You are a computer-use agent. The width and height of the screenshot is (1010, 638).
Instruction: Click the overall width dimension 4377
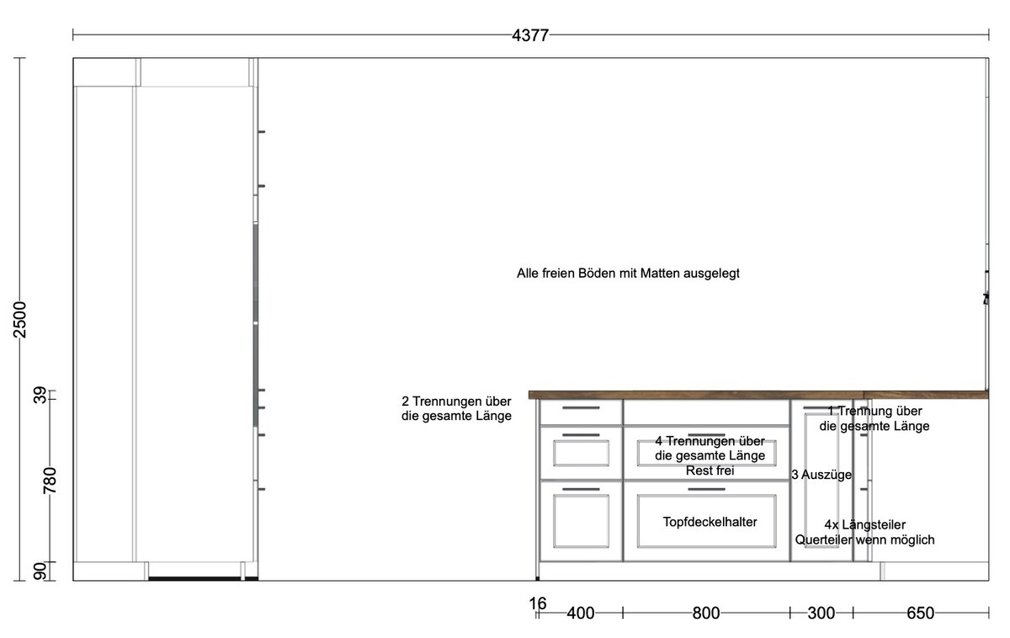[530, 35]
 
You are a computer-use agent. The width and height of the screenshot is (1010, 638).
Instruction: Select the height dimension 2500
[20, 320]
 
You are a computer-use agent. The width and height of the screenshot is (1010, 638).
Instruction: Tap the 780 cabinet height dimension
[50, 481]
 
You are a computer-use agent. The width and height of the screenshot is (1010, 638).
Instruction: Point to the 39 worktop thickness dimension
[40, 395]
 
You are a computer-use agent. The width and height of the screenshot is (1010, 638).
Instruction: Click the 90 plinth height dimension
[40, 572]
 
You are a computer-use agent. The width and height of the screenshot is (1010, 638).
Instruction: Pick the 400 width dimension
[580, 614]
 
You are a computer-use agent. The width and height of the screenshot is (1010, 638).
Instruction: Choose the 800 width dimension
[706, 614]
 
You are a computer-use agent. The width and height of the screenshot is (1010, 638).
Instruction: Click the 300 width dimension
[821, 614]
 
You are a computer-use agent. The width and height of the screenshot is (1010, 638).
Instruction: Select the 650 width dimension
[920, 614]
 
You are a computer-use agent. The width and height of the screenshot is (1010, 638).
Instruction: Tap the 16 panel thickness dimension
[538, 603]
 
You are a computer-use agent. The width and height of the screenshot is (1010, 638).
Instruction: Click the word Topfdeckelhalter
[710, 522]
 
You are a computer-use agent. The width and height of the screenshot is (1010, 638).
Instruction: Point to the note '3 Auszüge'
[821, 475]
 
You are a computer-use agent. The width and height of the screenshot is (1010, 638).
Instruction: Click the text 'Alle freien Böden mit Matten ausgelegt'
[628, 274]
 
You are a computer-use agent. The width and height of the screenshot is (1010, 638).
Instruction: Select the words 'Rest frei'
[710, 471]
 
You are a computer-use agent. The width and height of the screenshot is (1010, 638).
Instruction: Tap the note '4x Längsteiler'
[865, 525]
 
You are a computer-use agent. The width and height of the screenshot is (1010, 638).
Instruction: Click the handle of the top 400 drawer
[581, 407]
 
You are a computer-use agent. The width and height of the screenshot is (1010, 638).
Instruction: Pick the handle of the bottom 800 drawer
[706, 489]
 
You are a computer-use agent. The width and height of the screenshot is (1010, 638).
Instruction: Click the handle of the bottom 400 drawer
[581, 489]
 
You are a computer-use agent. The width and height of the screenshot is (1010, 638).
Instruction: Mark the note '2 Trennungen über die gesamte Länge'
[456, 408]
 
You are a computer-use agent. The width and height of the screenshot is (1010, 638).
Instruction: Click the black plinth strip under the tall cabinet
[204, 578]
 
